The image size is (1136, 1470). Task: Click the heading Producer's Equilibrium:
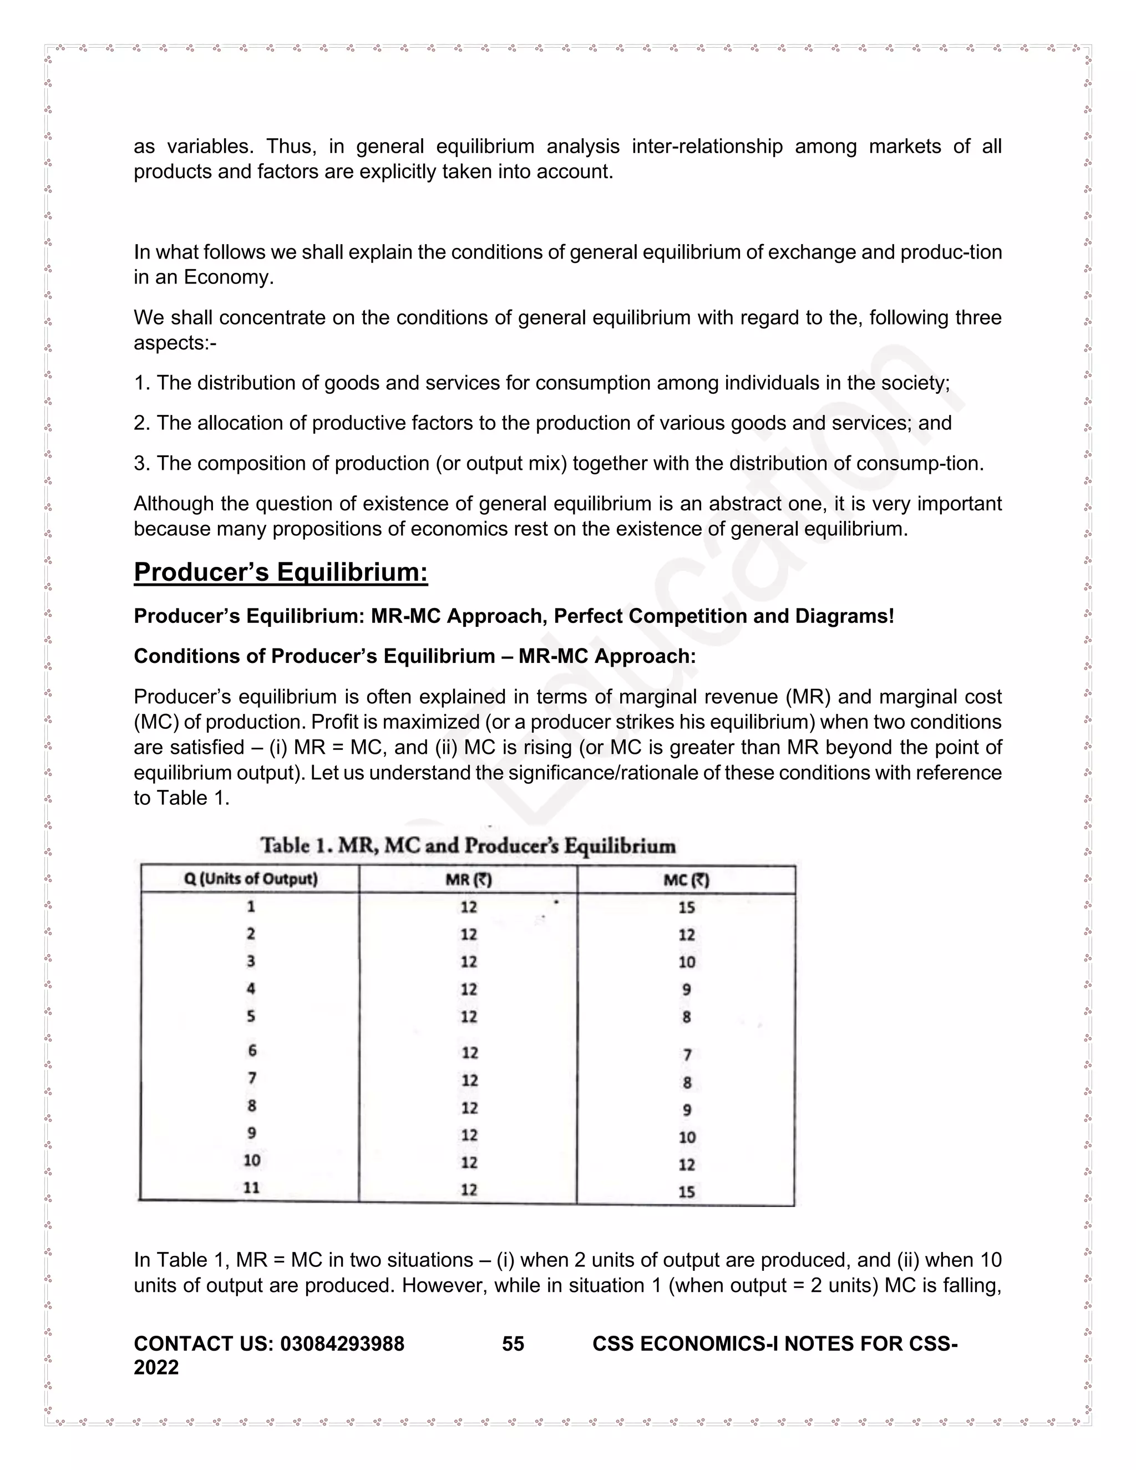point(281,572)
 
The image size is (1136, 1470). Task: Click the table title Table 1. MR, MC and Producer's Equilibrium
point(468,845)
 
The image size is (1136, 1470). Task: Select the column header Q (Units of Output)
point(250,879)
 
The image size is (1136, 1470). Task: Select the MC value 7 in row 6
point(687,1054)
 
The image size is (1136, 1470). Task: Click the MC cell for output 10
point(687,1164)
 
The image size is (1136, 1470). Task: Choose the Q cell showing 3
point(250,961)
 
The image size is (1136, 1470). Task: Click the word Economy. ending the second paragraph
point(229,277)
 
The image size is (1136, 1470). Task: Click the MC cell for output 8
point(687,1110)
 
